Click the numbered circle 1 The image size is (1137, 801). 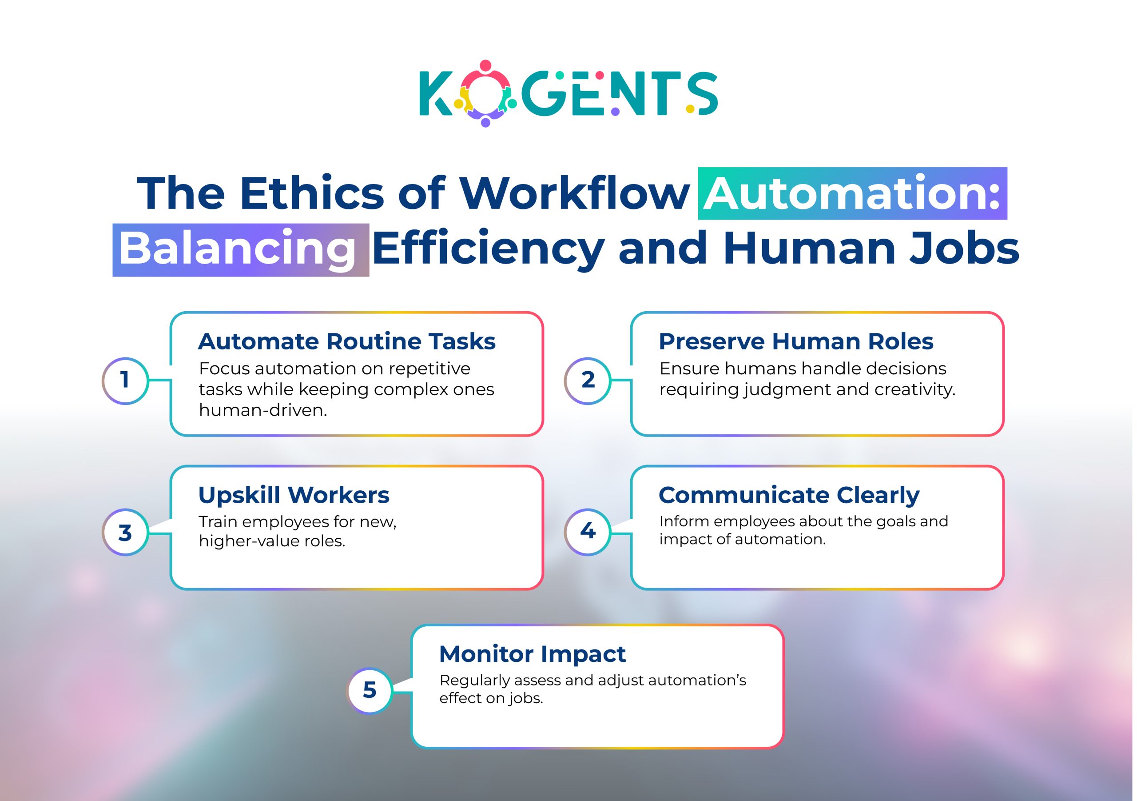(125, 380)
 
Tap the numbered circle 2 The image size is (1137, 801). (587, 380)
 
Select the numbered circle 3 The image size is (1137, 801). (125, 533)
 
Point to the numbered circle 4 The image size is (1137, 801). (587, 531)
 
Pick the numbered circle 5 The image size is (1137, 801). (370, 690)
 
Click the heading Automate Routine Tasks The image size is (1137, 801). (346, 341)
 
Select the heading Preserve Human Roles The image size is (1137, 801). (796, 341)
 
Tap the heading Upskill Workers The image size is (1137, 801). (294, 495)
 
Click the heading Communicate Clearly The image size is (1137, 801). (789, 495)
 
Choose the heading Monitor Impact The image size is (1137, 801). (533, 654)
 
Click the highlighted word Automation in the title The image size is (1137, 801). (852, 194)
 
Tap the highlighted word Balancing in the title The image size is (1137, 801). (238, 249)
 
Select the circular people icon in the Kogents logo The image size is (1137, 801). (485, 94)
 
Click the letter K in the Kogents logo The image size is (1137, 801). (435, 94)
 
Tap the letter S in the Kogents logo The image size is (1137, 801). (703, 94)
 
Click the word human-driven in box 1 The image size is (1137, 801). (263, 410)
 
